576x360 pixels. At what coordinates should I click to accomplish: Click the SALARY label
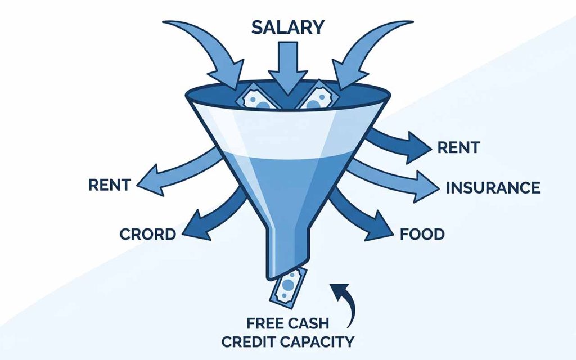(x=287, y=28)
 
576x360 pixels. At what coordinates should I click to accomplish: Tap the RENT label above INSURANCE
(x=458, y=148)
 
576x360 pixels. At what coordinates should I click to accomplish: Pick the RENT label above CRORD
(x=110, y=184)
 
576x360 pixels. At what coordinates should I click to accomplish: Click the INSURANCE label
(x=493, y=188)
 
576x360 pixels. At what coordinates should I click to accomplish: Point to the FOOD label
(x=422, y=234)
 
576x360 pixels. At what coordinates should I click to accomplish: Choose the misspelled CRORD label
(x=148, y=235)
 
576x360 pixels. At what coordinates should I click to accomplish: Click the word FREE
(x=265, y=323)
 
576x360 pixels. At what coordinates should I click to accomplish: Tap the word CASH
(x=308, y=323)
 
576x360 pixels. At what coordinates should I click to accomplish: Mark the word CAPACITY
(x=321, y=342)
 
